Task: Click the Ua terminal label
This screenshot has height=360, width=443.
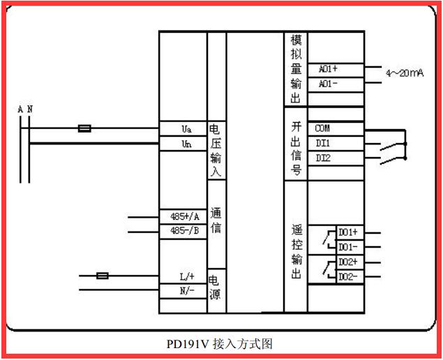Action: (x=186, y=129)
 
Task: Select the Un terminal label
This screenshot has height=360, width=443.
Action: (x=186, y=143)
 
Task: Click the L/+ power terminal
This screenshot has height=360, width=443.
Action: (x=186, y=276)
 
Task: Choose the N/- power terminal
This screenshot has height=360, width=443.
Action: (x=186, y=290)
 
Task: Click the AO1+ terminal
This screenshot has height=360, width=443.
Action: (x=328, y=69)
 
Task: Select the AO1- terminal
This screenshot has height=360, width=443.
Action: (x=328, y=83)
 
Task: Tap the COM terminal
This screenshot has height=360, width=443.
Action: (x=322, y=129)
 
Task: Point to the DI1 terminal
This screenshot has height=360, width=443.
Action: (x=322, y=143)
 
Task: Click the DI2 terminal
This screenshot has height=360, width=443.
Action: (x=322, y=158)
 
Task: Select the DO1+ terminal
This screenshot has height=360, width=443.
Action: (x=347, y=232)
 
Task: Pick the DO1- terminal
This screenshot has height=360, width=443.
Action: (x=347, y=247)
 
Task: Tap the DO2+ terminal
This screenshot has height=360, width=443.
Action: (x=347, y=262)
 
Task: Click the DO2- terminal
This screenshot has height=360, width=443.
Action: (x=347, y=277)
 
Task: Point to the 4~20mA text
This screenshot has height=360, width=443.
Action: (x=405, y=73)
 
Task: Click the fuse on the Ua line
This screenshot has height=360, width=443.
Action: (x=84, y=128)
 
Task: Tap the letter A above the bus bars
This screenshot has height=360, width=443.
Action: (x=21, y=110)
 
